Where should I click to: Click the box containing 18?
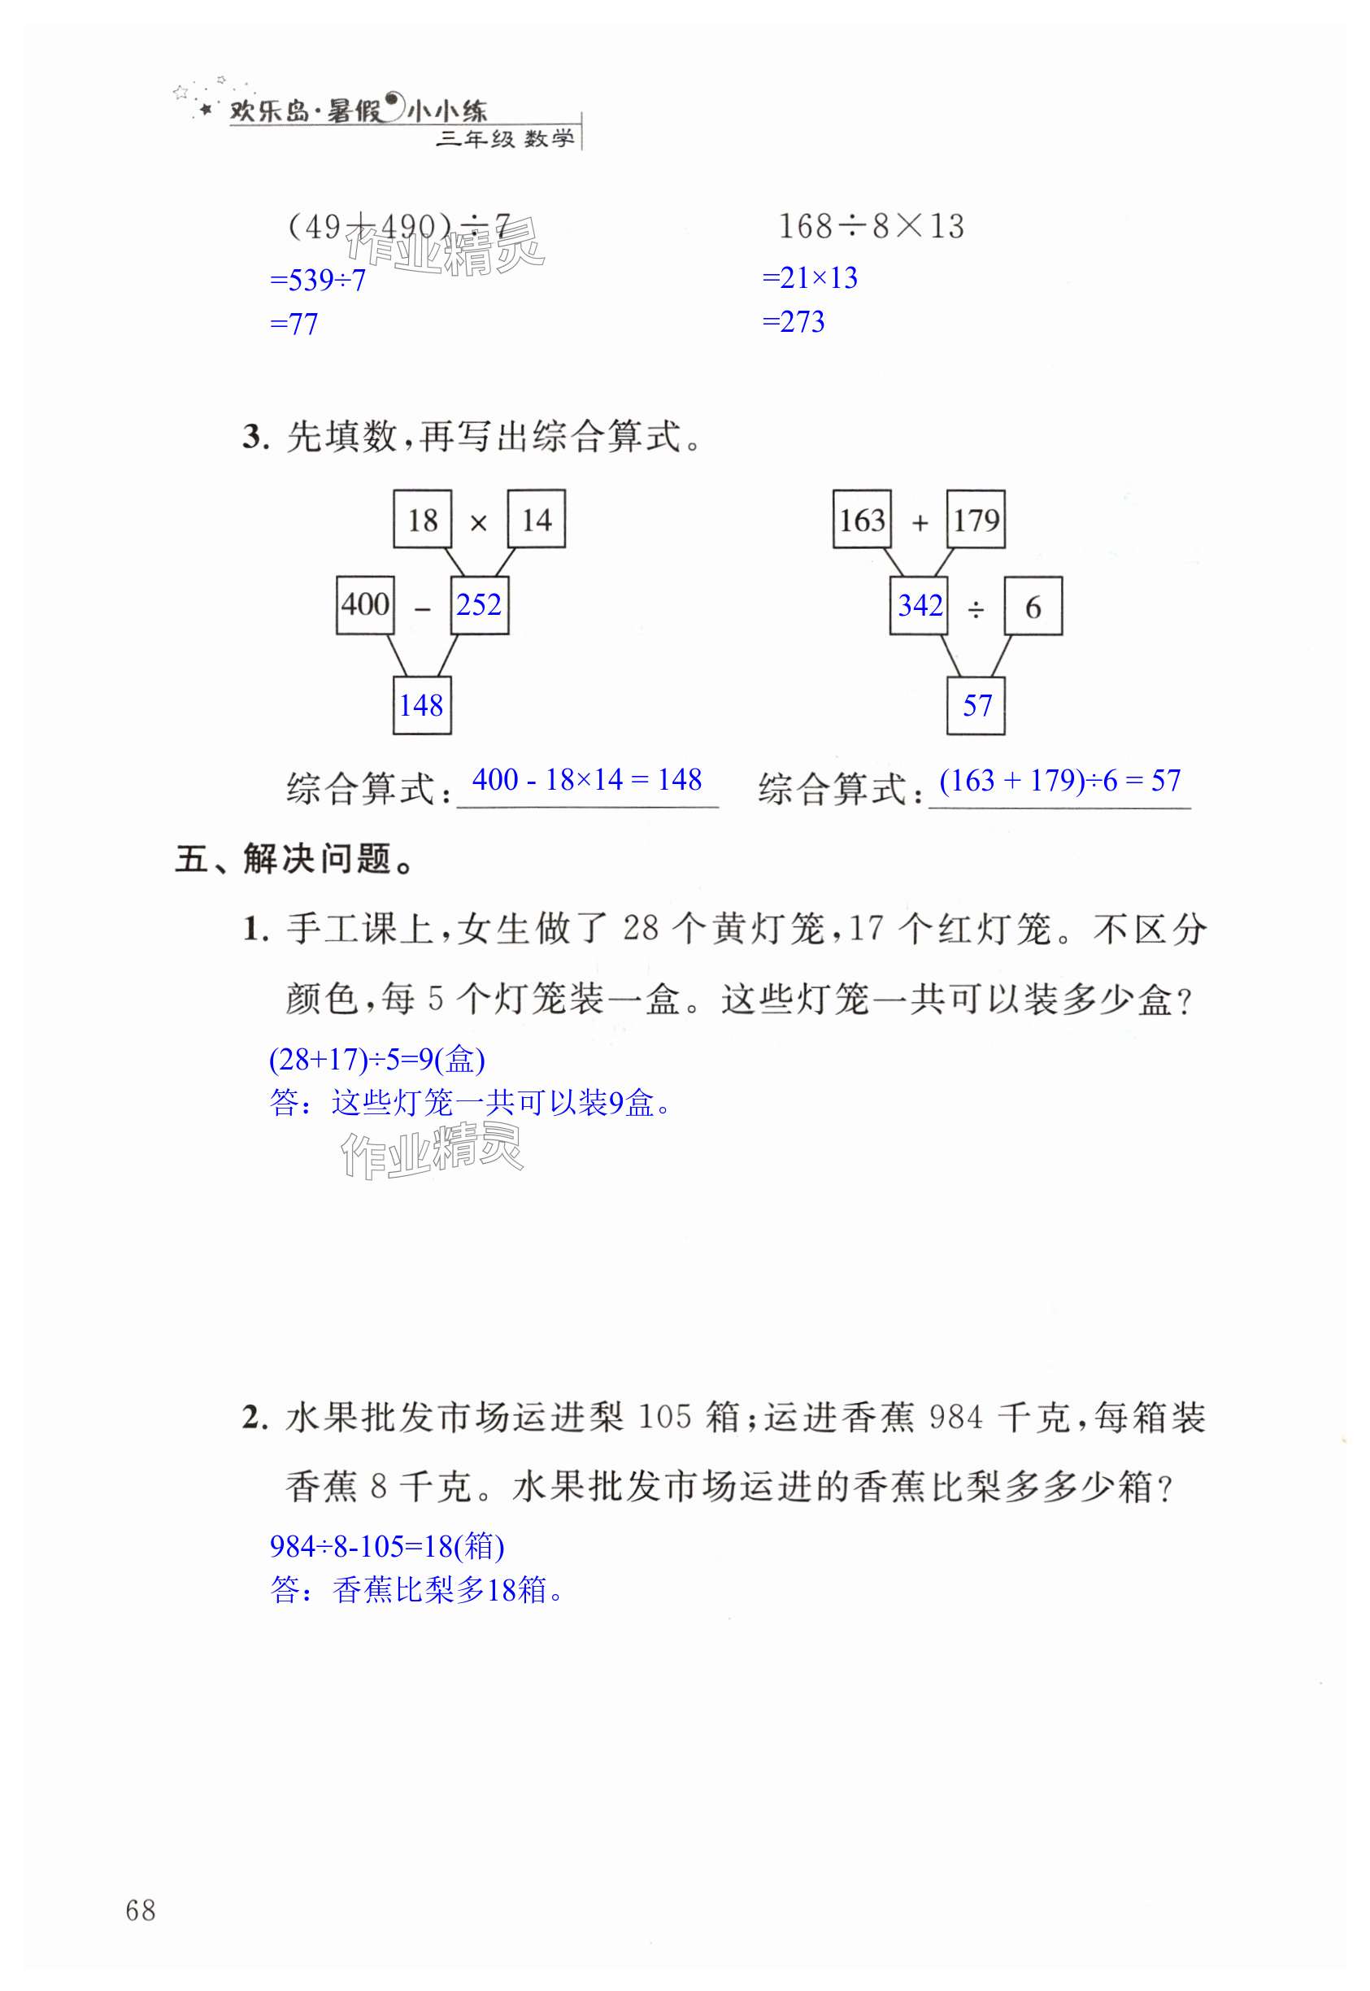click(422, 519)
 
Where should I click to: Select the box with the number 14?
click(537, 519)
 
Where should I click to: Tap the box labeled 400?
click(365, 605)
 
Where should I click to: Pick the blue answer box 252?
click(479, 605)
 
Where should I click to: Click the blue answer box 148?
click(421, 705)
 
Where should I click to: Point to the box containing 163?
click(862, 520)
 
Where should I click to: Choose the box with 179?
click(976, 520)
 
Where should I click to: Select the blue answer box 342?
click(920, 606)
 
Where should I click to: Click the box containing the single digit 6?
click(1033, 607)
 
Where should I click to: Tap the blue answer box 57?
click(976, 706)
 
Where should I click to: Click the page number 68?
click(141, 1910)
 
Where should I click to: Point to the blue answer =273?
click(794, 322)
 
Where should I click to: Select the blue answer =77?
click(294, 325)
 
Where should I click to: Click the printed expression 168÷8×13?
click(871, 227)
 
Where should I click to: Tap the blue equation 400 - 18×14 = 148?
click(587, 780)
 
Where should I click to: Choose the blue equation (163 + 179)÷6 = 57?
click(1060, 781)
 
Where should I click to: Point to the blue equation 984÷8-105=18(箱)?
click(387, 1546)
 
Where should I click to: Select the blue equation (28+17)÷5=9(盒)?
click(376, 1060)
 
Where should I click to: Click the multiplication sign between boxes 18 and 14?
click(479, 522)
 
